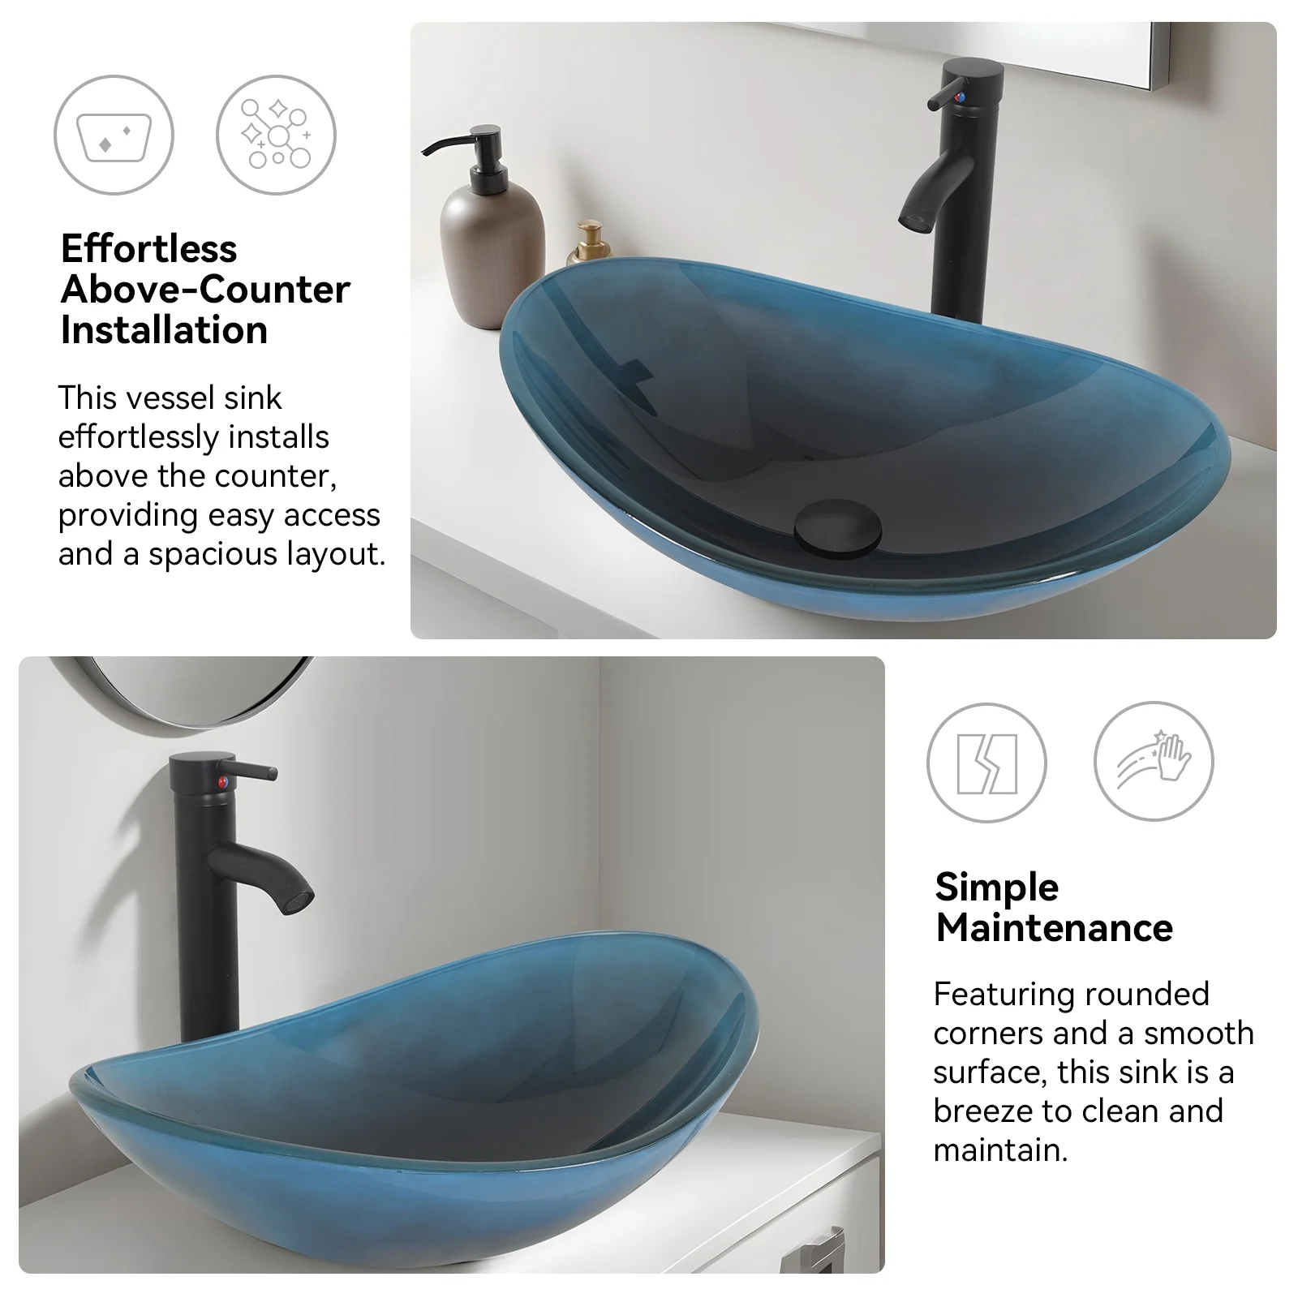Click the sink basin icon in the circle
114,135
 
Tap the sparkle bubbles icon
276,135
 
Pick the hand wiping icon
1154,762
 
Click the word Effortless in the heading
148,248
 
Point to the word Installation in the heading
164,330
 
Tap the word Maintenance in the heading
1054,927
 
